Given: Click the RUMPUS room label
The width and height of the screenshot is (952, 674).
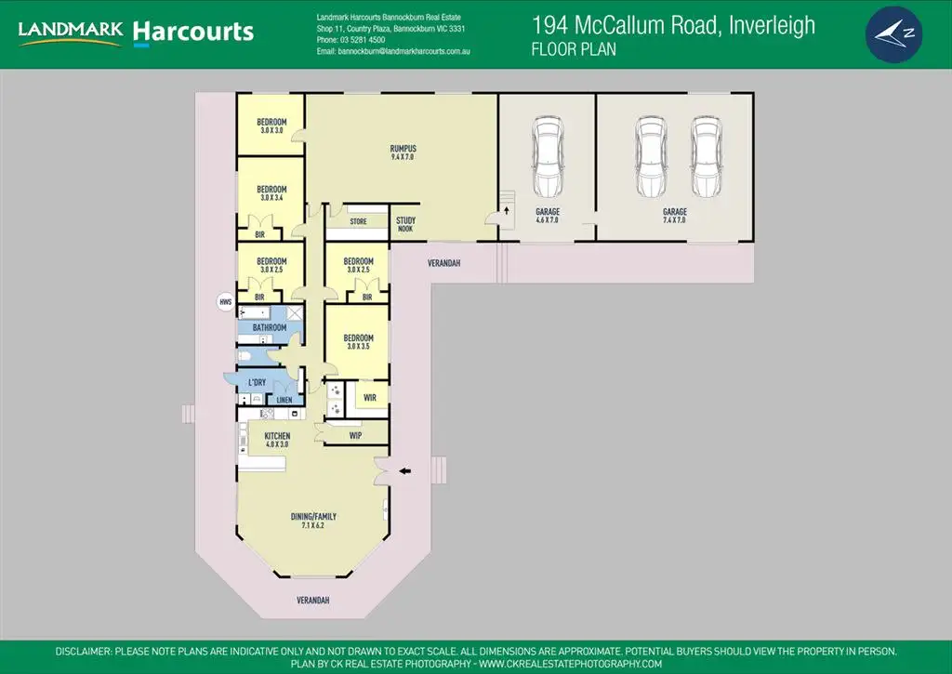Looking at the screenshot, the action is coord(403,149).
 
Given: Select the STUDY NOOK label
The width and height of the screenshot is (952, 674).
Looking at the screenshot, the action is coord(405,224).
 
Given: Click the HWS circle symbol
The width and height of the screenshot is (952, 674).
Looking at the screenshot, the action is coord(224,301).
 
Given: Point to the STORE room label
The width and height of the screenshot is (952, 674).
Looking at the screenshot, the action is coord(358,221).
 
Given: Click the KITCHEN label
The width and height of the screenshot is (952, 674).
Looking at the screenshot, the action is coord(277,436).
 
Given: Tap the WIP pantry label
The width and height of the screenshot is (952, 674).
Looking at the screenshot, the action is coord(355,435).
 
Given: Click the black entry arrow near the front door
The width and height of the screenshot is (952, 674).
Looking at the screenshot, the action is coord(404,472).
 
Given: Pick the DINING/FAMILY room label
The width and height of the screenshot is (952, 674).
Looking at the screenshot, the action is coord(312,517).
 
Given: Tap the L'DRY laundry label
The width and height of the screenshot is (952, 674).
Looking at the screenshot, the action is coord(257,383).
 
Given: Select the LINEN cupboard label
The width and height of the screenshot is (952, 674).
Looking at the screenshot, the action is coord(284,400).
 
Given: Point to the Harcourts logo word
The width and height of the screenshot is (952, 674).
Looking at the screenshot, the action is coord(193,33).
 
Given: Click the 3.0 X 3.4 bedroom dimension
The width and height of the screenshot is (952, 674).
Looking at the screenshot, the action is coord(271,198).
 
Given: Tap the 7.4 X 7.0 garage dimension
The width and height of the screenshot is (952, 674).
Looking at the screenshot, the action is coord(674,220).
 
